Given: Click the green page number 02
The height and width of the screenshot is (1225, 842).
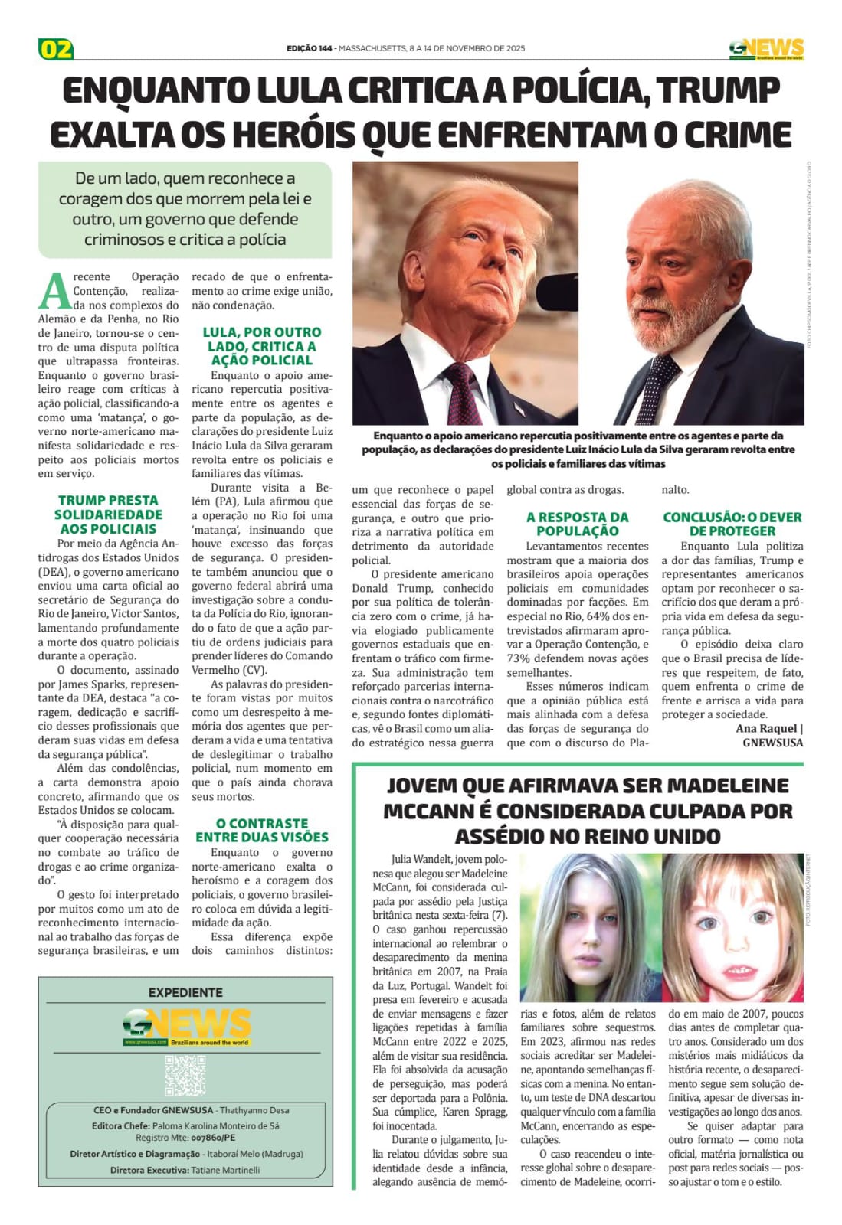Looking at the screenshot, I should [x=55, y=49].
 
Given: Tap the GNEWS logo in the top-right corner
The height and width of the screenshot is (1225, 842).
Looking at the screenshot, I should [x=766, y=49].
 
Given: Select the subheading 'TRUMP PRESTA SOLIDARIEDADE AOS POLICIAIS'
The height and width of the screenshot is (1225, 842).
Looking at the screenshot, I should [x=108, y=514].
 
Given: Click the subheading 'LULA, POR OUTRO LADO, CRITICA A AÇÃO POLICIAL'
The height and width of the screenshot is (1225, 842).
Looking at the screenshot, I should [x=262, y=346].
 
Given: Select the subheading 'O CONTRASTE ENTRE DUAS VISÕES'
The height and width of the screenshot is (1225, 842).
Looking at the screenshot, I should [x=262, y=830].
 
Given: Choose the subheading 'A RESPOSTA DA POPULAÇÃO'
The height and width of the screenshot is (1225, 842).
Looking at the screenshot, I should [x=577, y=524].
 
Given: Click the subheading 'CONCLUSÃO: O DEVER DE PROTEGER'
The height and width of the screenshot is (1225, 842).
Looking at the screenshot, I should [x=732, y=524].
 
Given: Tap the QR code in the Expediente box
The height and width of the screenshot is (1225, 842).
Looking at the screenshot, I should [x=185, y=1075].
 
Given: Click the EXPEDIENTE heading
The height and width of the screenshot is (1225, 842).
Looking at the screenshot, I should [x=185, y=992].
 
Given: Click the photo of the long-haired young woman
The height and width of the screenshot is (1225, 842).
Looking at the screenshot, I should [x=590, y=926].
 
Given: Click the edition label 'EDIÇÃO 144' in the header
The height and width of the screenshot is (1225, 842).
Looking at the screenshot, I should [x=310, y=48].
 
